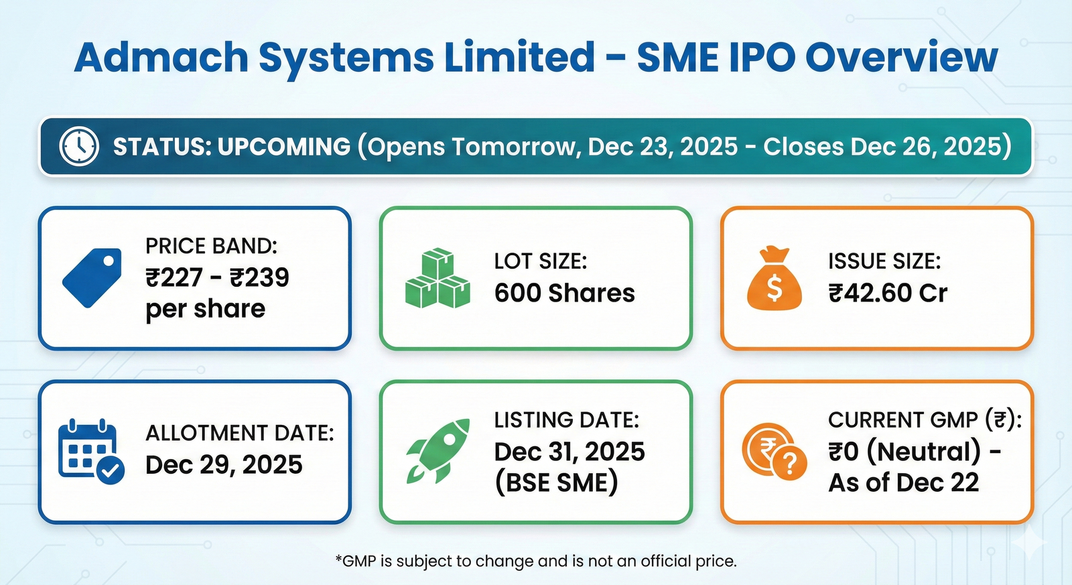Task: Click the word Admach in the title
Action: pyautogui.click(x=161, y=58)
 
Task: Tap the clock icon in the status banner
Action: pyautogui.click(x=79, y=146)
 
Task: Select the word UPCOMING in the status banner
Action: pyautogui.click(x=284, y=147)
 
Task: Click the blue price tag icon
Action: pyautogui.click(x=92, y=277)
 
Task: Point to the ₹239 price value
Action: pyautogui.click(x=259, y=277)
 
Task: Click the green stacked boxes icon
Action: pyautogui.click(x=438, y=277)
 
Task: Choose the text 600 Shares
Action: pyautogui.click(x=564, y=293)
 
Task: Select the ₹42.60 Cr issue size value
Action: pyautogui.click(x=888, y=293)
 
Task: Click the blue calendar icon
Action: pyautogui.click(x=91, y=452)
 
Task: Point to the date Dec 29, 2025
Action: pyautogui.click(x=224, y=464)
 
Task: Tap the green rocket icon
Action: pyautogui.click(x=438, y=450)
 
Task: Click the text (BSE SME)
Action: pyautogui.click(x=556, y=482)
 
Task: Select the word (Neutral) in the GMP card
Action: pyautogui.click(x=924, y=452)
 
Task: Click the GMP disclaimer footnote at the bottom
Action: pyautogui.click(x=536, y=561)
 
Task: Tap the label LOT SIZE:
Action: pyautogui.click(x=540, y=261)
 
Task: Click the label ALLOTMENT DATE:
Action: pyautogui.click(x=239, y=433)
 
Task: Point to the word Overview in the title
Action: pyautogui.click(x=901, y=58)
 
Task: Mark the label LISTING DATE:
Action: pyautogui.click(x=567, y=420)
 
